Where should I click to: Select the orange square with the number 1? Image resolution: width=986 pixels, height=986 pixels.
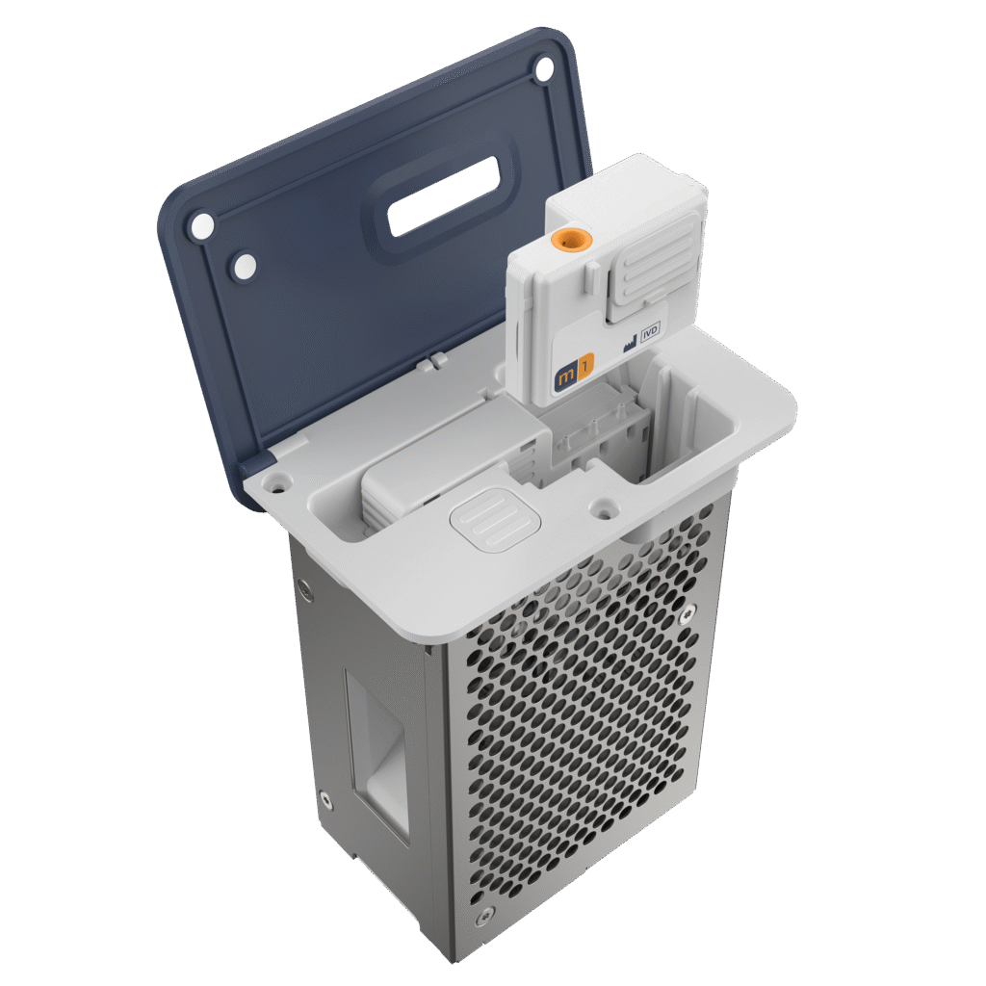585,366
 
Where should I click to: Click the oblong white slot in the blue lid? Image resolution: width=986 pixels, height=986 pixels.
445,195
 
